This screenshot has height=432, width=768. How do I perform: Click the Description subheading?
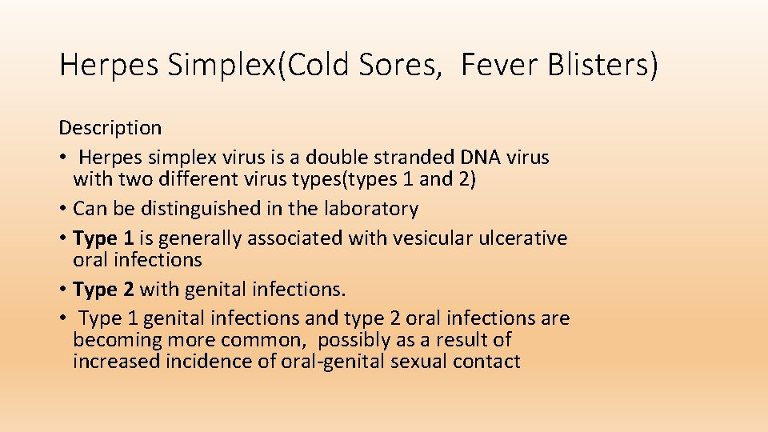click(110, 127)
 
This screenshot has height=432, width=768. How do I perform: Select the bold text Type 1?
click(102, 238)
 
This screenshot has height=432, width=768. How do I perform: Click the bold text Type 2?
click(102, 289)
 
